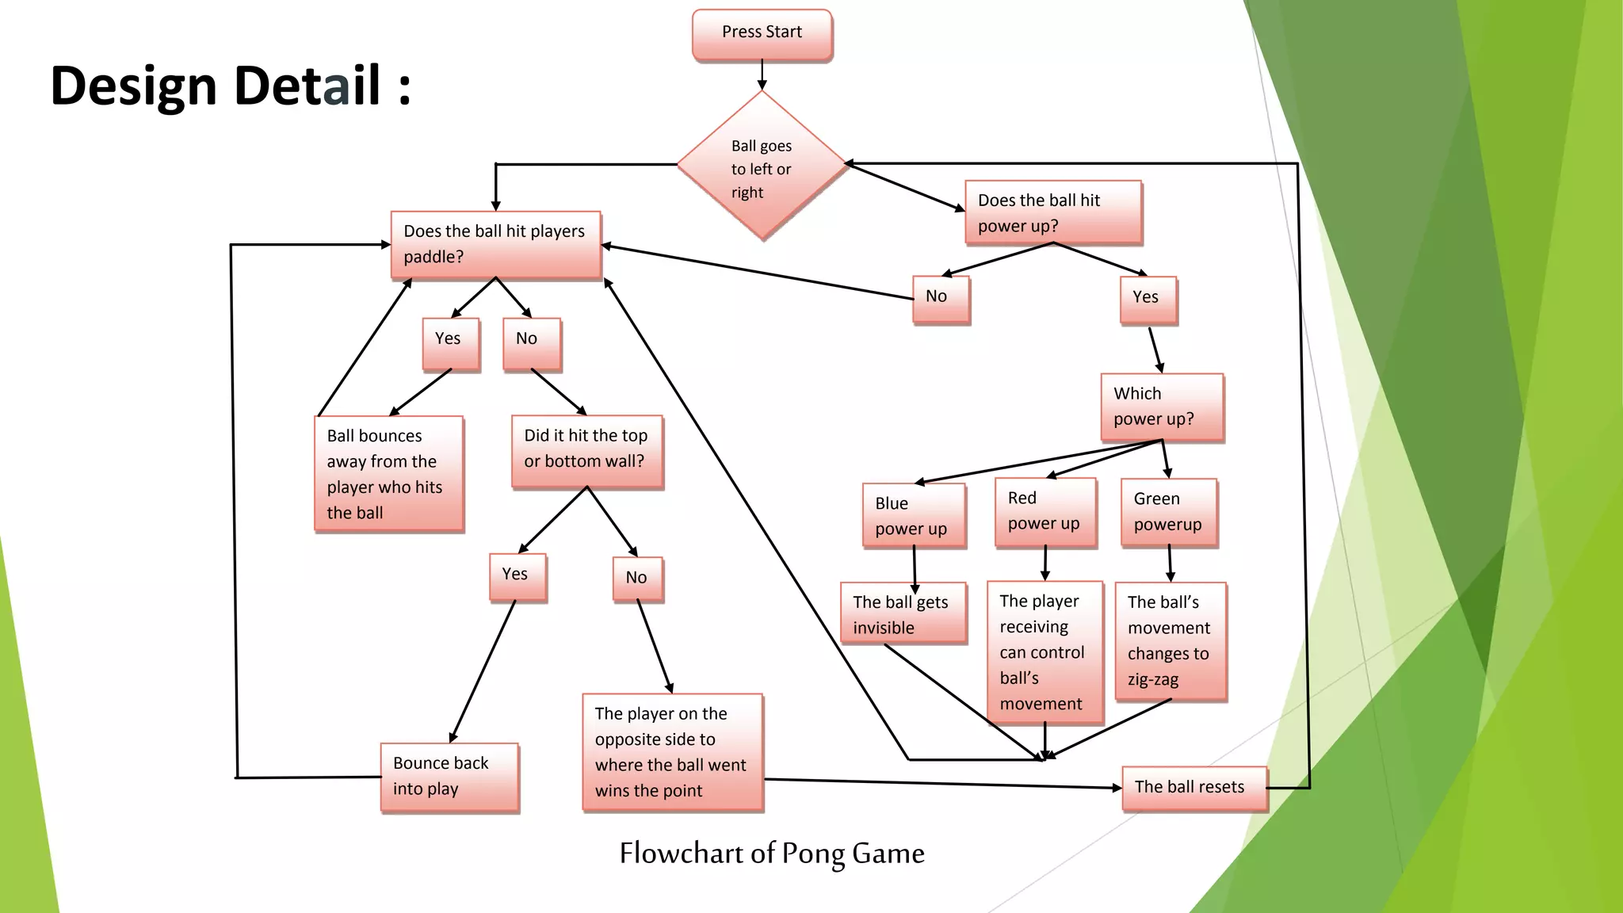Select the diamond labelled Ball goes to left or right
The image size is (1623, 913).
tap(762, 166)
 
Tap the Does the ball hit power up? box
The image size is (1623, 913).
tap(1052, 212)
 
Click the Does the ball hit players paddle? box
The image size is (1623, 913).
tap(495, 245)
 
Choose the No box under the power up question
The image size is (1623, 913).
tap(941, 299)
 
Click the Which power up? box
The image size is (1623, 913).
tap(1162, 407)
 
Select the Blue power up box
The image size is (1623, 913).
tap(914, 515)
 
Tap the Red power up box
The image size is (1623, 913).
tap(1045, 512)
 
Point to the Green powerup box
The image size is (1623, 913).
tap(1168, 512)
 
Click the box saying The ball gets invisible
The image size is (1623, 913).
tap(903, 613)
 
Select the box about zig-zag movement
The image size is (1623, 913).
tap(1170, 641)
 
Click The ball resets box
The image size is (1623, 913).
tap(1194, 788)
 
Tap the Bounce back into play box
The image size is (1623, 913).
tap(449, 777)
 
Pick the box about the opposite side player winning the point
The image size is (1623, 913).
tap(672, 752)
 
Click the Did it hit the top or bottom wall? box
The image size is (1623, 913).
tap(586, 451)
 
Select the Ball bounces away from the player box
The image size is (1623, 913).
tap(388, 474)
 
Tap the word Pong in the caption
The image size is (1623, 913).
tap(813, 854)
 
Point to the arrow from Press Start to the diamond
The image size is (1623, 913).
tap(762, 76)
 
